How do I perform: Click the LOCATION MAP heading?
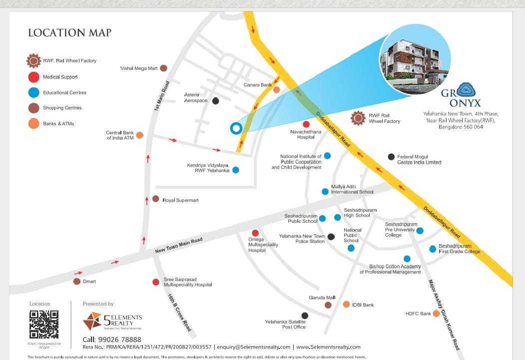[x=69, y=33]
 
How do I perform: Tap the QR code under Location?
[x=44, y=325]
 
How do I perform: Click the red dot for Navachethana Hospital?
[x=306, y=124]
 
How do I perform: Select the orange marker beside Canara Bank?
[x=276, y=90]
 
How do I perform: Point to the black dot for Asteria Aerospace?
[x=215, y=101]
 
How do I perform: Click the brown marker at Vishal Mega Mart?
[x=163, y=68]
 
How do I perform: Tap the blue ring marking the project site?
[x=235, y=128]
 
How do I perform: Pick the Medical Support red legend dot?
[x=34, y=77]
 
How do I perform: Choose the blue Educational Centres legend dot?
[x=34, y=92]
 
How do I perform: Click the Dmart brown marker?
[x=77, y=281]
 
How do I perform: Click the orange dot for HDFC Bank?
[x=436, y=314]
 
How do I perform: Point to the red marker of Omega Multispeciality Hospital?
[x=255, y=233]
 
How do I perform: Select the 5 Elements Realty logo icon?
[x=92, y=321]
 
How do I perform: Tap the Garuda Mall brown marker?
[x=328, y=305]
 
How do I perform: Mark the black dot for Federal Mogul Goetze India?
[x=391, y=157]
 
